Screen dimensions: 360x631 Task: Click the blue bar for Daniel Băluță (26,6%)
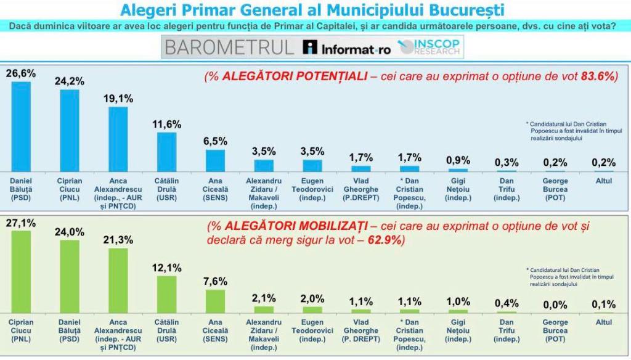coord(21,126)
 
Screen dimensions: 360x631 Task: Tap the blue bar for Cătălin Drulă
coord(167,152)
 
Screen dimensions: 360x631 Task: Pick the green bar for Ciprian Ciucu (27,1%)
coord(21,272)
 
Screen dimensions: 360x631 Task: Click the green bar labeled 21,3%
coord(118,280)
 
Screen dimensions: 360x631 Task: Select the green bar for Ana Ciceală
coord(215,301)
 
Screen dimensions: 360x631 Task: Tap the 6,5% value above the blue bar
coord(215,141)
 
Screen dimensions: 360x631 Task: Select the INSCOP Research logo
coord(430,47)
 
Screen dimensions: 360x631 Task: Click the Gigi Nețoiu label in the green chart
coord(458,330)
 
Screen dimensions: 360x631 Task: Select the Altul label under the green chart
coord(604,322)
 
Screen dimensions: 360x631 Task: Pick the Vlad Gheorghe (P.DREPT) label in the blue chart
coord(360,189)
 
